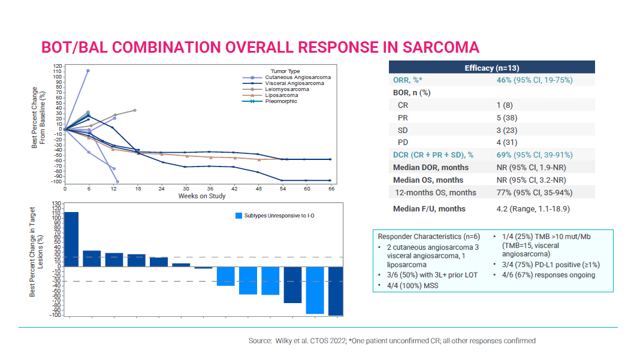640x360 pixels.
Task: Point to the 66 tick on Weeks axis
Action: [330, 188]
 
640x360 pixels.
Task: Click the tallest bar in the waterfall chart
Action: [71, 239]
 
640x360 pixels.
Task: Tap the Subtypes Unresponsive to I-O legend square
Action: [239, 215]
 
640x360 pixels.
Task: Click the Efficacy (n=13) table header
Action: [491, 68]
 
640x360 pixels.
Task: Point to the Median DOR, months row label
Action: [430, 167]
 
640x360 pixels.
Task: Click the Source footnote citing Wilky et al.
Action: [392, 341]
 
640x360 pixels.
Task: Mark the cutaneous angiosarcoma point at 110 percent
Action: [88, 71]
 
